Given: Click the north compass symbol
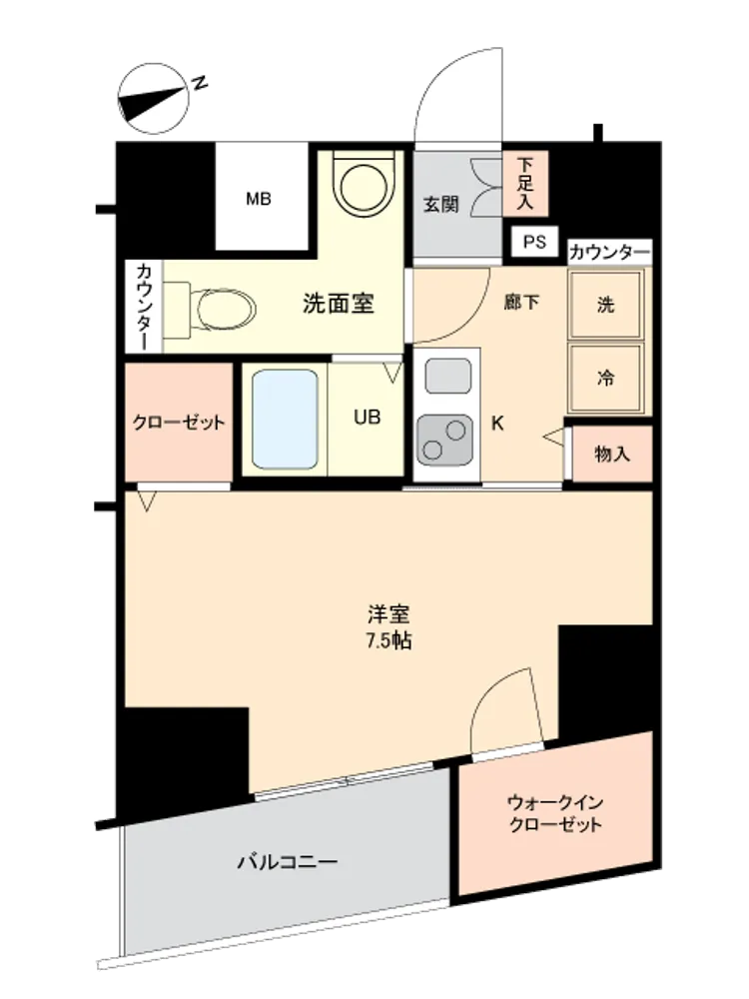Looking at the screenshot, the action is (154, 99).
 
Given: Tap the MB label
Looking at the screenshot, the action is (259, 200).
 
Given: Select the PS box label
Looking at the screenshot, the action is (535, 242).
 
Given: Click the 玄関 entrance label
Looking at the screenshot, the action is (441, 205).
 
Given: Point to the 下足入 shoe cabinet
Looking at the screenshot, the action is (525, 184).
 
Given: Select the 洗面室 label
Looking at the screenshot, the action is (339, 304).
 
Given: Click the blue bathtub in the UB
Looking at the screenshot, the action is (285, 419).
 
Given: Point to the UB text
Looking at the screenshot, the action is (367, 418).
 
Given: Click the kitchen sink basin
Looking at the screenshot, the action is (448, 376).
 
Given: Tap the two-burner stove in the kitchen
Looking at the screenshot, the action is (445, 441).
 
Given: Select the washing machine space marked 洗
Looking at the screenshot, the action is (606, 305).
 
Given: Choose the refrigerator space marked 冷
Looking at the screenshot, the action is (606, 379).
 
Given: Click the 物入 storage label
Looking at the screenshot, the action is (612, 455).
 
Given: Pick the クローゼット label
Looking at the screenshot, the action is (179, 423).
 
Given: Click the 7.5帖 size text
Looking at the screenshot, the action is (388, 640).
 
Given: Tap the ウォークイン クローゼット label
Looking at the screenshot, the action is (555, 813).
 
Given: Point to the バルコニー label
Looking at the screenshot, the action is (288, 863).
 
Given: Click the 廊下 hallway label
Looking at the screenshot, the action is (521, 302).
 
